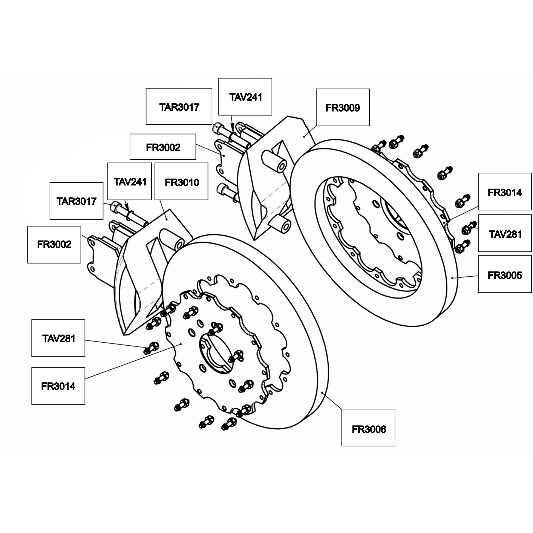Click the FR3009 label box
[x=343, y=107]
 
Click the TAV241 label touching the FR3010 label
[x=130, y=181]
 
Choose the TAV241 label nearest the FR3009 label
[x=245, y=97]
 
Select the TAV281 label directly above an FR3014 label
[x=58, y=338]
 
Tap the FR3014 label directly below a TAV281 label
[x=58, y=386]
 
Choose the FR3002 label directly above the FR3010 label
[x=163, y=147]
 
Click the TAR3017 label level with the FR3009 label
[x=179, y=106]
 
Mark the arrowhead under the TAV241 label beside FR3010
[x=127, y=208]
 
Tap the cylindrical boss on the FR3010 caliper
[x=172, y=239]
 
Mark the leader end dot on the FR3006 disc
[x=322, y=393]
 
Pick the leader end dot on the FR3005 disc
[x=452, y=278]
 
